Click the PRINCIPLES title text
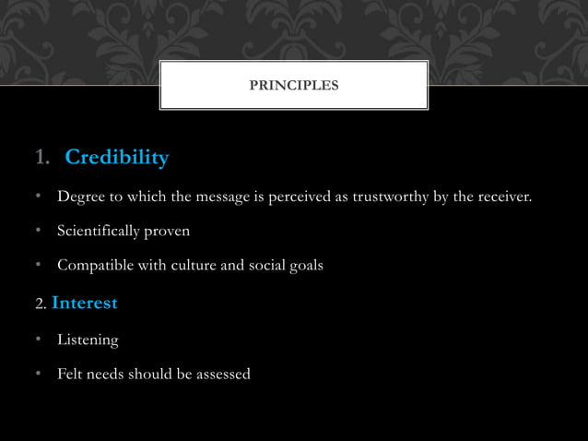(294, 86)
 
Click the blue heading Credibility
(117, 159)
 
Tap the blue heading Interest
(85, 302)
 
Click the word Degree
(80, 196)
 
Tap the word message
(218, 196)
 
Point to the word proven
(171, 231)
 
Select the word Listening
(88, 340)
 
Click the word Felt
(70, 375)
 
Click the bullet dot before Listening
(39, 340)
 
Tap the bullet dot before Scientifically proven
(39, 231)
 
